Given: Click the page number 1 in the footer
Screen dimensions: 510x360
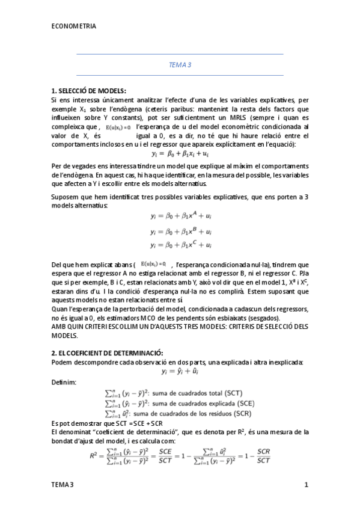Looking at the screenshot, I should [306, 485].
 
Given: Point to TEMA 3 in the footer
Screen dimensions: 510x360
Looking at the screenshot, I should [63, 485].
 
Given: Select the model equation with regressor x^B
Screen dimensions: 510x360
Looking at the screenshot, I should [180, 231].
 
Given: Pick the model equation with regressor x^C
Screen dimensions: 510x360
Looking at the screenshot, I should [180, 245].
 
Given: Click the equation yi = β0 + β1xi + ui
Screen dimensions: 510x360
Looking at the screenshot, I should [180, 154].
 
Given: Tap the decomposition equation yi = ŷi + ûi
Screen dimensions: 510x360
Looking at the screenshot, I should [180, 372].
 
